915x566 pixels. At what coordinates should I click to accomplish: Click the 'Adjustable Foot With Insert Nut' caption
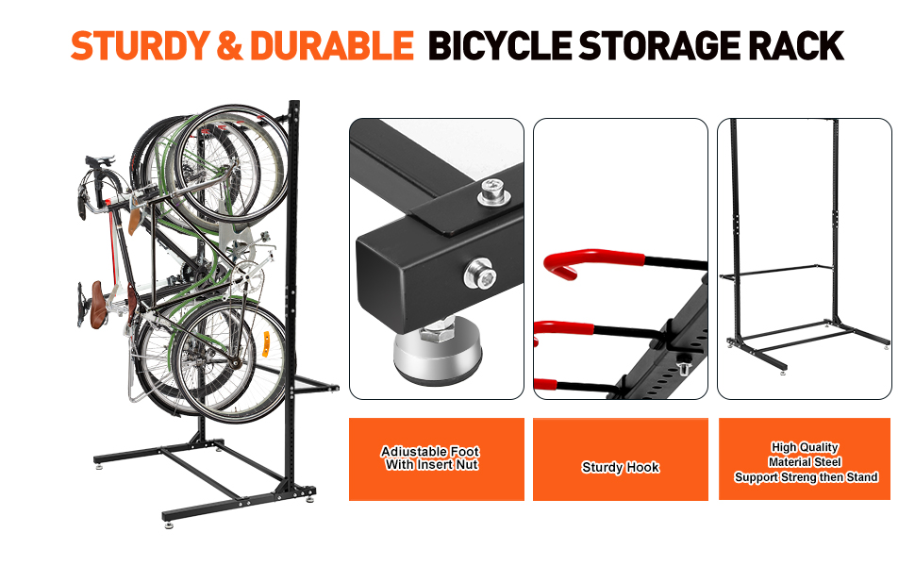pyautogui.click(x=436, y=458)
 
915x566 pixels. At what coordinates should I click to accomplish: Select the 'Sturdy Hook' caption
pyautogui.click(x=620, y=467)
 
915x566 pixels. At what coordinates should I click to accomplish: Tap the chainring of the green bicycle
pyautogui.click(x=243, y=274)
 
